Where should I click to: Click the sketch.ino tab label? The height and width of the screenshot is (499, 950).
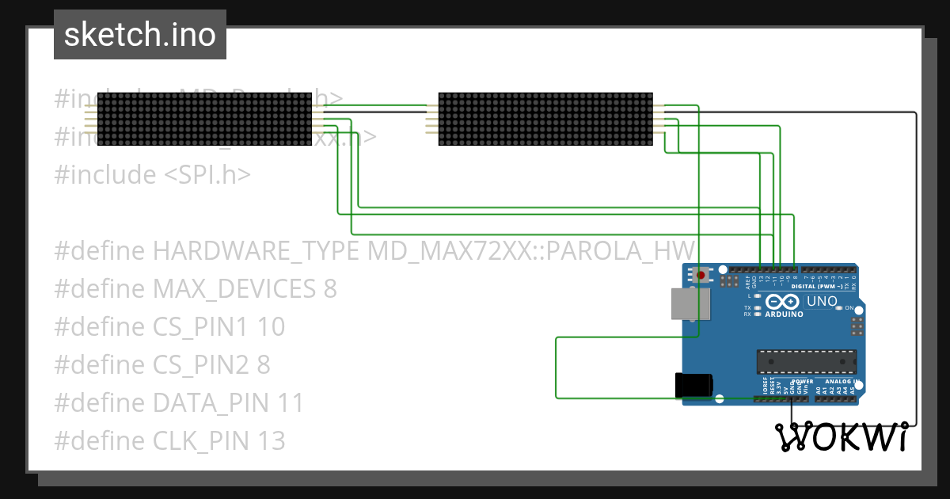click(x=139, y=35)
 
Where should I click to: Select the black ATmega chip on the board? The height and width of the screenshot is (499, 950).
click(x=805, y=360)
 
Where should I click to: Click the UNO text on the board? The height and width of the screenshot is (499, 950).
click(x=821, y=301)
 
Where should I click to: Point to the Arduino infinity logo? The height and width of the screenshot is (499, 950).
click(x=782, y=302)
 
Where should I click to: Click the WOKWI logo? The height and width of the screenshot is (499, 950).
click(x=840, y=437)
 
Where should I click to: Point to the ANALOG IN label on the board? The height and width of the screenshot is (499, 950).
click(x=838, y=381)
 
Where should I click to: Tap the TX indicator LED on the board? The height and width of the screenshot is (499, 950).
click(x=758, y=307)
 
